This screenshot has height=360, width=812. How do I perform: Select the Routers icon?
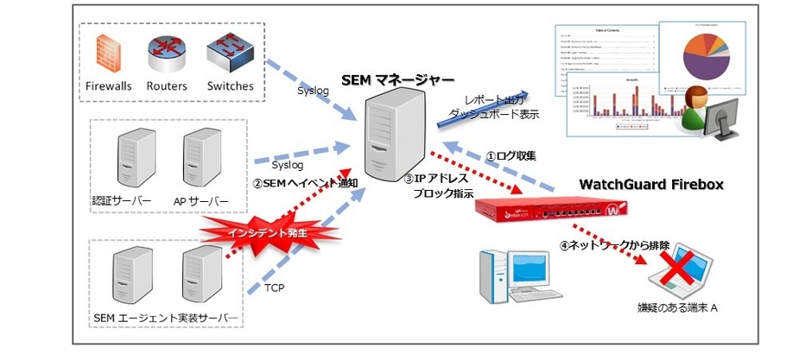[x=167, y=54]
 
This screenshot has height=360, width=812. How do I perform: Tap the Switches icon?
[x=230, y=53]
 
